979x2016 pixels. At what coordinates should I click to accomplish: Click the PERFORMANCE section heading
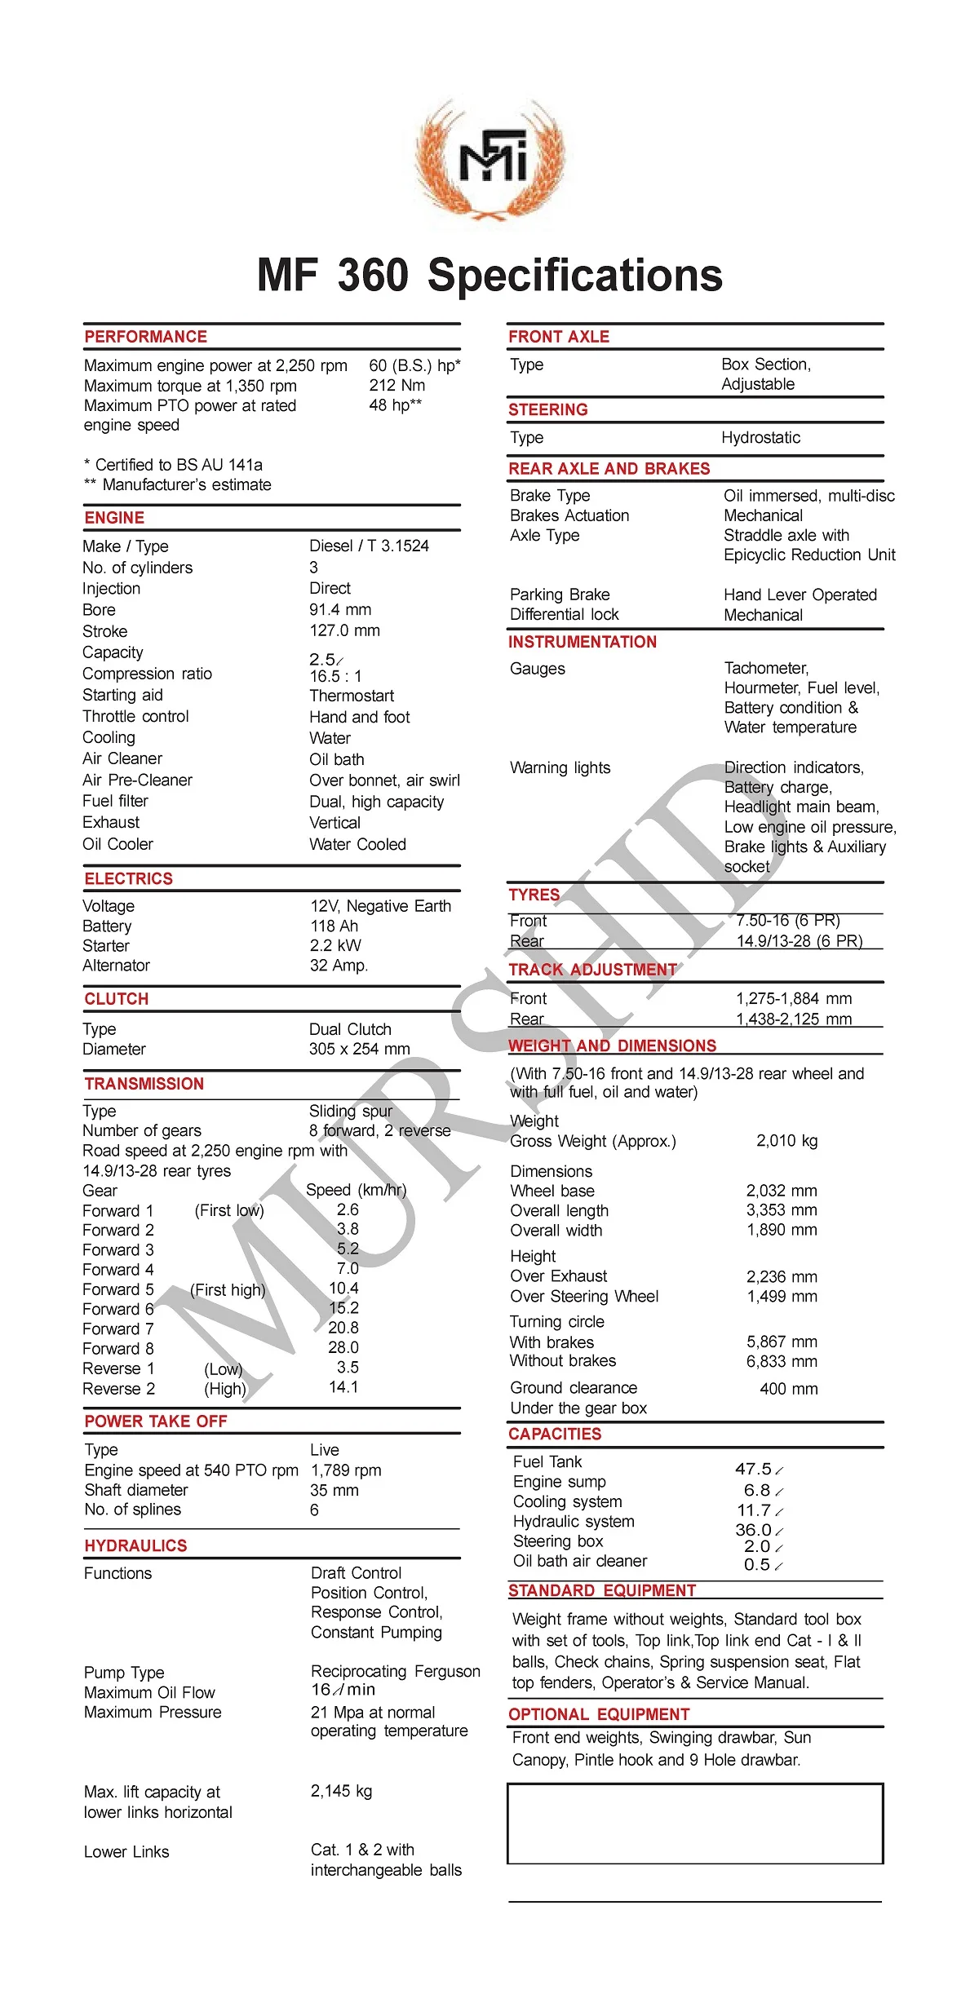pos(146,337)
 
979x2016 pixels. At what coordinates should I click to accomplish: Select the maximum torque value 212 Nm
pos(396,385)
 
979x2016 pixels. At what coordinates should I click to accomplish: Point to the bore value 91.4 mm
pos(340,609)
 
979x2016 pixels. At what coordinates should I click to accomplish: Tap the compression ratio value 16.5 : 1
pos(335,676)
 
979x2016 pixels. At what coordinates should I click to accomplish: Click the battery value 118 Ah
pos(334,926)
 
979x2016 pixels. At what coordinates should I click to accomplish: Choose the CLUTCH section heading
pos(117,999)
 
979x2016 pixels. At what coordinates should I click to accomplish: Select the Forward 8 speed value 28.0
pos(343,1347)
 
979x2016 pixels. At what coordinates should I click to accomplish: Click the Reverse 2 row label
pos(119,1388)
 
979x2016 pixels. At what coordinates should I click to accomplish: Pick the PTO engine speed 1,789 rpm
pos(346,1470)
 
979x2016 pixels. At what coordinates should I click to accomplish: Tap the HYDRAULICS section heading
pos(136,1545)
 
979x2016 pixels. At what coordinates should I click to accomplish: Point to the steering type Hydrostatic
pos(760,437)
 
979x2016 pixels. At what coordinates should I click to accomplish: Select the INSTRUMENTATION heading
pos(583,642)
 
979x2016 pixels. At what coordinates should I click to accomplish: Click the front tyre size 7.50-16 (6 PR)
pos(787,920)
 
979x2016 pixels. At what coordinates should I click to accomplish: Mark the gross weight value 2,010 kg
pos(786,1140)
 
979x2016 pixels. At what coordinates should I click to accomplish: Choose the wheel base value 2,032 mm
pos(781,1191)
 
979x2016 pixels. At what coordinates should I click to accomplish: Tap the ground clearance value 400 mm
pos(788,1388)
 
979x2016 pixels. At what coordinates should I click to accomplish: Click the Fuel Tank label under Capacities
pos(547,1461)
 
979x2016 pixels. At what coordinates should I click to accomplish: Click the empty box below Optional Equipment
pos(695,1823)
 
